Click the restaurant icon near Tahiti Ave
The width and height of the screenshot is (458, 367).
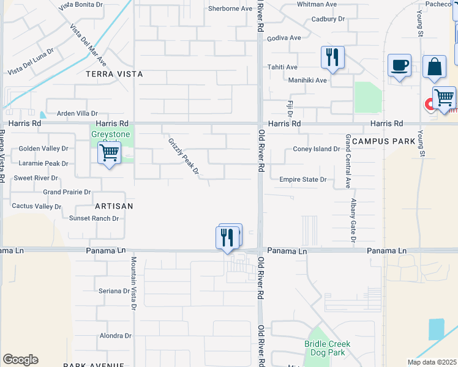332,57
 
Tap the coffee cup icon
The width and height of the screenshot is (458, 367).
399,65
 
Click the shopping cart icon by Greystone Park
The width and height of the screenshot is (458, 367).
109,153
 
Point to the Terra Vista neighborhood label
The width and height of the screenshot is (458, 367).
114,74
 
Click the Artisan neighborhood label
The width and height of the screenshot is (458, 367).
114,206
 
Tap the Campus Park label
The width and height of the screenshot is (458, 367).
384,141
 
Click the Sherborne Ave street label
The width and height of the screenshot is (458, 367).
230,9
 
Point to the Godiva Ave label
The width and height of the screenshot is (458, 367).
287,38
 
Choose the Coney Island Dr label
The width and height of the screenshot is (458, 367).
316,149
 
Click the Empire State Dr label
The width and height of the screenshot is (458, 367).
302,180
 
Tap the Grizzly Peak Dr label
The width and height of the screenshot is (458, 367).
184,156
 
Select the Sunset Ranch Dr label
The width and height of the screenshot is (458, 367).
94,218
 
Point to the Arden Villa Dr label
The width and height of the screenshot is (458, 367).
77,114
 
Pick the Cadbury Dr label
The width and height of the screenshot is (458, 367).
328,19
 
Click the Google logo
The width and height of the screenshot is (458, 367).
20,360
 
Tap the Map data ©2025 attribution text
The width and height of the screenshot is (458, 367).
431,362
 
